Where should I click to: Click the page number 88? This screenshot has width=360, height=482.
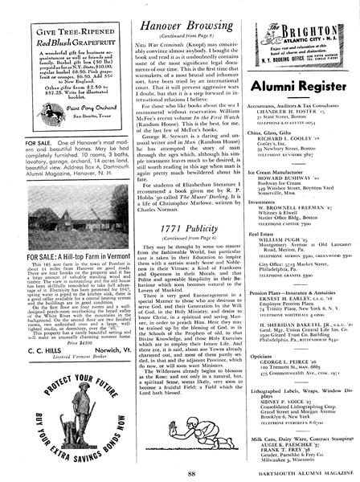(180, 473)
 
